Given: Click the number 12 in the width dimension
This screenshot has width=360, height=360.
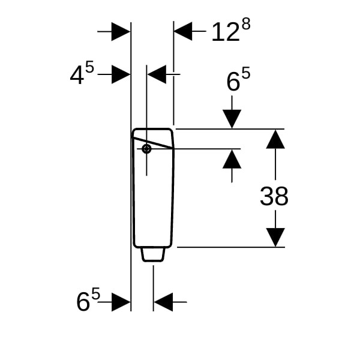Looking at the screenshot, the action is coord(226,32).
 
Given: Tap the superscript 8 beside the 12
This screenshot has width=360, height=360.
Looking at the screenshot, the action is coord(246,24).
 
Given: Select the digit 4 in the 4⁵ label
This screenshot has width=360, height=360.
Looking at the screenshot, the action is coord(77,75).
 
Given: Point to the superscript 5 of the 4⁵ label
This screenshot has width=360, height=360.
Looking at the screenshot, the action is coord(89,67).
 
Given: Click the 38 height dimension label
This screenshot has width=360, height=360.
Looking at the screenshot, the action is coord(274,196).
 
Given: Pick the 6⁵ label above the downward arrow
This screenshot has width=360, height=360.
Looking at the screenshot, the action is coord(238,79).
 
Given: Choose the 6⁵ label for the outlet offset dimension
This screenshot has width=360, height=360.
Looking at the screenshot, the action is coord(88,299).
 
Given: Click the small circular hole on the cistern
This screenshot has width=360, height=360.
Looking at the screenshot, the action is coord(146,149).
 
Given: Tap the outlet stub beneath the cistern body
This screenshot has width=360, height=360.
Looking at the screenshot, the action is coord(153,254).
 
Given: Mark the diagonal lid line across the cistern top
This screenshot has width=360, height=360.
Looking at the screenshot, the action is coord(152,143).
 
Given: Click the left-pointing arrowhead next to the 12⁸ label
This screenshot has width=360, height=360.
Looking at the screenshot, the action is coord(183,31).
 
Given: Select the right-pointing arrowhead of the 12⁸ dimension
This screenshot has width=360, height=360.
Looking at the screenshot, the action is coord(121,31).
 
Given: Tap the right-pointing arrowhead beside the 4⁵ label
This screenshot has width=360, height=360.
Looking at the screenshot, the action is coord(121,74).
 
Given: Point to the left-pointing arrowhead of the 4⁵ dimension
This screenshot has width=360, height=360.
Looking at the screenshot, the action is coord(157,74).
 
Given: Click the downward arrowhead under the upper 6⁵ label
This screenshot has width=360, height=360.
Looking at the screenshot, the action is coord(232,119).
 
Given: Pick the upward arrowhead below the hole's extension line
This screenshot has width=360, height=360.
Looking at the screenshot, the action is coord(232,159).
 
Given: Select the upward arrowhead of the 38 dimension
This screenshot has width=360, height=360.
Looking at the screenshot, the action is coord(275,139).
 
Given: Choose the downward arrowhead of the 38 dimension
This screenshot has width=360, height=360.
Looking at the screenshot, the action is coord(275,238).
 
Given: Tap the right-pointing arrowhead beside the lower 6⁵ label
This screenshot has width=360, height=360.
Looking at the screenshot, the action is coord(121,302).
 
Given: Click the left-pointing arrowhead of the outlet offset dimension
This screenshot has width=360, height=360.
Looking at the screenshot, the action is coord(163,302).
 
